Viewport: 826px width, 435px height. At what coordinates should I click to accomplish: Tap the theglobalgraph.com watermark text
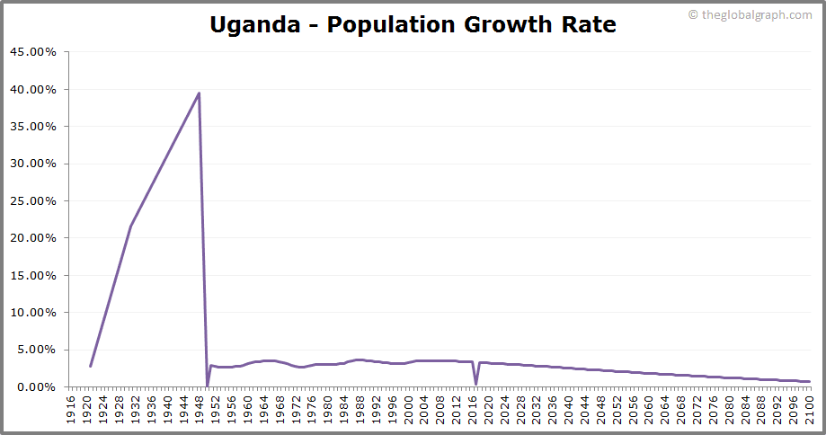pos(756,14)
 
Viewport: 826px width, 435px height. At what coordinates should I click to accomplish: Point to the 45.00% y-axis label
pos(33,52)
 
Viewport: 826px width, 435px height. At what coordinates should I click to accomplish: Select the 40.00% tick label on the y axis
pos(33,90)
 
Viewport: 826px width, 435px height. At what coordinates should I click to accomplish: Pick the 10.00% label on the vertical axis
pos(33,313)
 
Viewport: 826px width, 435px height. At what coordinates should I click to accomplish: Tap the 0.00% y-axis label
pos(36,387)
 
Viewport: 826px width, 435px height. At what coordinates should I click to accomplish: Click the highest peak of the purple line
pos(199,93)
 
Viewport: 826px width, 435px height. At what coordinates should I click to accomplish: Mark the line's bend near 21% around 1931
pos(130,226)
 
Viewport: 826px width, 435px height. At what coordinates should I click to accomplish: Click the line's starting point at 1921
pos(90,366)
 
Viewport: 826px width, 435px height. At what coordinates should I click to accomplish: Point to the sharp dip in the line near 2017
pos(475,385)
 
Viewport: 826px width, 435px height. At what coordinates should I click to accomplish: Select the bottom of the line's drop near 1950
pos(208,386)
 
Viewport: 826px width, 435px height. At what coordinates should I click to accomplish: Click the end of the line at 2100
pos(809,381)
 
